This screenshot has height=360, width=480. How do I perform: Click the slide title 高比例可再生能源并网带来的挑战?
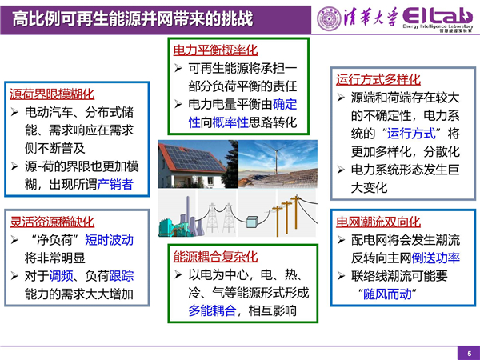[x=133, y=18]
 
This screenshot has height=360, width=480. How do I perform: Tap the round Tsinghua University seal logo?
[x=329, y=18]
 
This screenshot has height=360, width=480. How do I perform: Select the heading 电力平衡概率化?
[x=215, y=50]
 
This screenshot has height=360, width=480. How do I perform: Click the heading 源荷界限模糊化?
[x=52, y=94]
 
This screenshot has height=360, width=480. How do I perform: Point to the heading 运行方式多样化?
[x=378, y=79]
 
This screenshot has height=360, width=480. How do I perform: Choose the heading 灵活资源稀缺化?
[x=52, y=222]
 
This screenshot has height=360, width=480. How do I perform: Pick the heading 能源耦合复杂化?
[x=215, y=257]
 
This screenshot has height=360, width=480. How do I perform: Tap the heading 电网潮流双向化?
[x=378, y=222]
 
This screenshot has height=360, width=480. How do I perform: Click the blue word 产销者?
[x=115, y=184]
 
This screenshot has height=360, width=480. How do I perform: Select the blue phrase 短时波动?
[x=110, y=240]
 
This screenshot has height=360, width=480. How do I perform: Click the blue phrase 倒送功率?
[x=436, y=258]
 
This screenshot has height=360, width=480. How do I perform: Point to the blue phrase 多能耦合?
[x=212, y=310]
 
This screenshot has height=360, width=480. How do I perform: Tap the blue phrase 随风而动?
[x=387, y=294]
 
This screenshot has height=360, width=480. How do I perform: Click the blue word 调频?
[x=62, y=276]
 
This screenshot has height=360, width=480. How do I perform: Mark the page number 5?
[x=470, y=354]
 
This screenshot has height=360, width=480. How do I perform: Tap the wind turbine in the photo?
[x=277, y=158]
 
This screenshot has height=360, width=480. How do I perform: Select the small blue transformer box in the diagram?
[x=252, y=222]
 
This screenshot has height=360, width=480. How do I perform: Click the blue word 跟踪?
[x=122, y=276]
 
